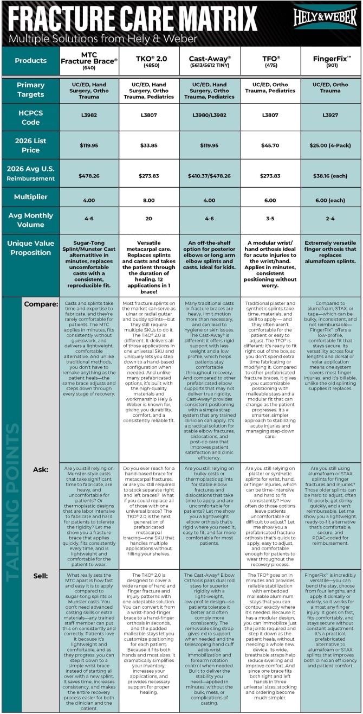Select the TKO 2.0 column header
pyautogui.click(x=149, y=60)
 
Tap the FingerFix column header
pyautogui.click(x=330, y=60)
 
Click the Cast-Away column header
pyautogui.click(x=210, y=60)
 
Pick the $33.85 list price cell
pyautogui.click(x=149, y=145)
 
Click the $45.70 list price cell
pyautogui.click(x=270, y=145)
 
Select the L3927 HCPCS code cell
pyautogui.click(x=330, y=115)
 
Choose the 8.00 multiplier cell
pyautogui.click(x=149, y=200)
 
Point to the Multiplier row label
pyautogui.click(x=30, y=196)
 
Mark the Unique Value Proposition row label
pyautogui.click(x=30, y=248)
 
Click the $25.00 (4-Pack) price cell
pyautogui.click(x=330, y=145)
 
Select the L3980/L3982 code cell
pyautogui.click(x=210, y=115)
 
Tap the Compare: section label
pyautogui.click(x=41, y=304)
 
